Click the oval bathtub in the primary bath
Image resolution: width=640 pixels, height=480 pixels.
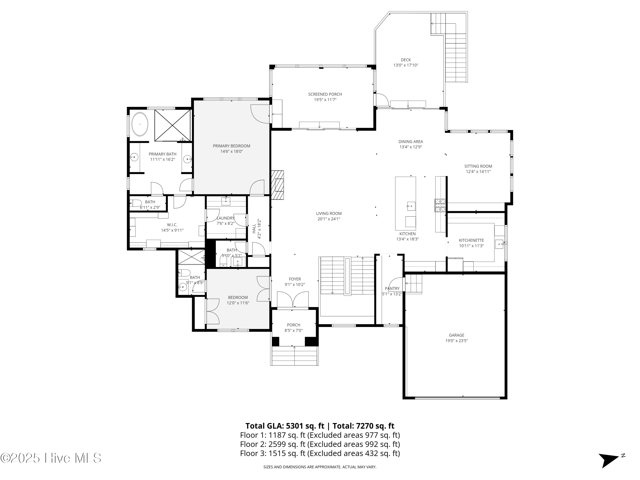click(140, 124)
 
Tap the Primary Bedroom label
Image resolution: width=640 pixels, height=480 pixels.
click(231, 146)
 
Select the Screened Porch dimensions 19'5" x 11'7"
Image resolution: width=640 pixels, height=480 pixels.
click(325, 100)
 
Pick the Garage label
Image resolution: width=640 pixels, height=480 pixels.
click(457, 335)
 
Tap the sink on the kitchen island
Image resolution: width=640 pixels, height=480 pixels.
click(411, 206)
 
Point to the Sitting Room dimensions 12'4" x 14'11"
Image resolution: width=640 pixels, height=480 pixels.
click(478, 172)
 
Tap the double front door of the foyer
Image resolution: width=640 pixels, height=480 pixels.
click(293, 300)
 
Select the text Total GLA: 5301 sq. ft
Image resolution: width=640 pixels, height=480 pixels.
click(285, 426)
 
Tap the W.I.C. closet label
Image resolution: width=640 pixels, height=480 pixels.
click(172, 225)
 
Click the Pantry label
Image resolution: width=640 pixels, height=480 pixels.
click(392, 288)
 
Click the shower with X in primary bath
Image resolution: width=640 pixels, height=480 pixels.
click(172, 125)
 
